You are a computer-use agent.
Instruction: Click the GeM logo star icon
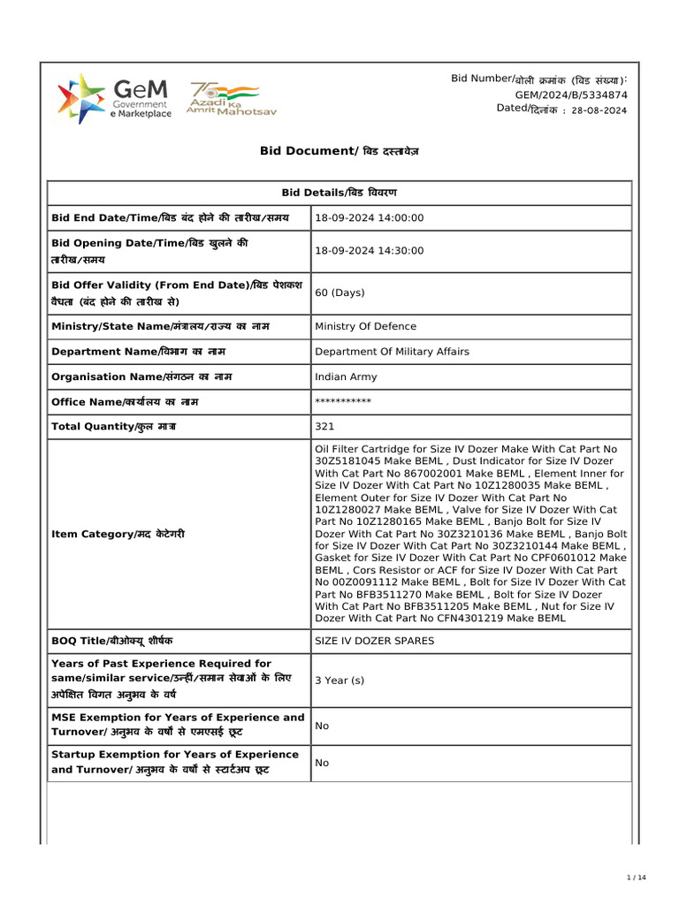80,98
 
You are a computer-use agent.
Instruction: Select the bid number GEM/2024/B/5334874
571,95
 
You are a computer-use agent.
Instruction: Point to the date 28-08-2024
599,110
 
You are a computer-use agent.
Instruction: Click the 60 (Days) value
340,293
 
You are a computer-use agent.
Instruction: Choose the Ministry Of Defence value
365,327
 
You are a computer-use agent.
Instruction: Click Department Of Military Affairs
392,352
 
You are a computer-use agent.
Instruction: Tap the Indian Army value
346,377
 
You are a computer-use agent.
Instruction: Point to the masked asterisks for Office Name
343,402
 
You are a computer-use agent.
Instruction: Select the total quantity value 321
324,427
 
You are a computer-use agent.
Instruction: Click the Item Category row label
118,535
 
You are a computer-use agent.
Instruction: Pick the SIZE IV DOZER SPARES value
375,641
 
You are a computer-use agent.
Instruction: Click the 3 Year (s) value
339,681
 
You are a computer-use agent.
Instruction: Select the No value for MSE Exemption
322,726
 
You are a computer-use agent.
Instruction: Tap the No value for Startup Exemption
322,763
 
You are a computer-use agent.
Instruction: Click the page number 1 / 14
637,878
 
